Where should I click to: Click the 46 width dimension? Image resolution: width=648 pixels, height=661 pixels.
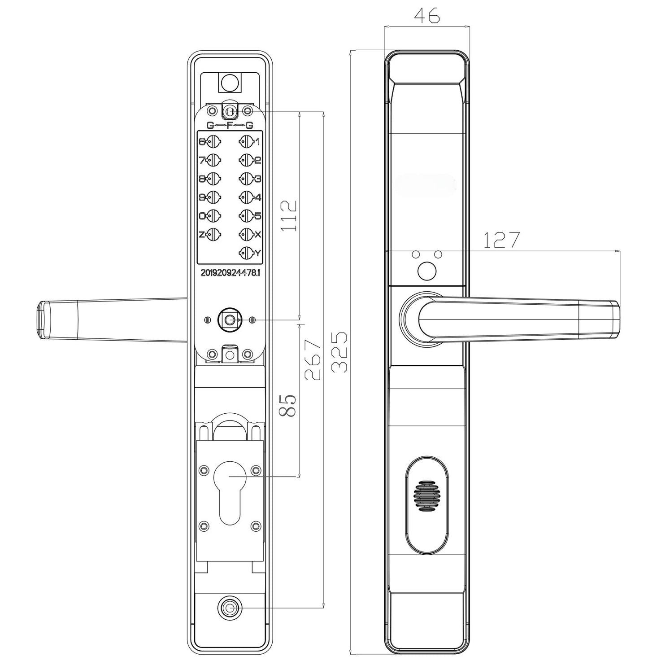pyautogui.click(x=426, y=16)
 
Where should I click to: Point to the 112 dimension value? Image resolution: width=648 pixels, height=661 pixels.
pyautogui.click(x=289, y=215)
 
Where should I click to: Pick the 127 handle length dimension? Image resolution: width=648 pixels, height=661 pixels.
pyautogui.click(x=501, y=240)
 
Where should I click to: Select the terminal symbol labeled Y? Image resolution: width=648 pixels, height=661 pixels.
pyautogui.click(x=246, y=253)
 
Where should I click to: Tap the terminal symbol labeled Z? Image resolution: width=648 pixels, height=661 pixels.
pyautogui.click(x=214, y=234)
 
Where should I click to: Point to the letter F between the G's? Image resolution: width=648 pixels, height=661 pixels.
pyautogui.click(x=230, y=125)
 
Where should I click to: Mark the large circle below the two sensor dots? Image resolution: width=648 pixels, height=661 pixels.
pyautogui.click(x=426, y=271)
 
